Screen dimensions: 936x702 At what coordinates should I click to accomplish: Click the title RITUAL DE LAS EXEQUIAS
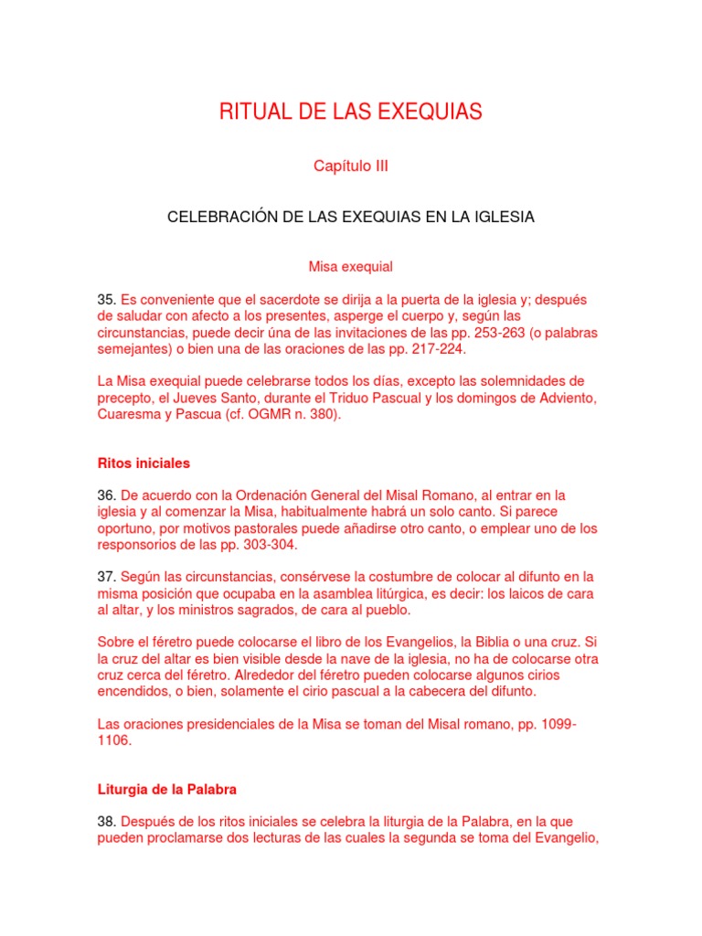point(351,112)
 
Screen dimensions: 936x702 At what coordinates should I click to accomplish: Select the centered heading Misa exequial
point(351,267)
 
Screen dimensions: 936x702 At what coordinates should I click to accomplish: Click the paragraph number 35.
point(106,299)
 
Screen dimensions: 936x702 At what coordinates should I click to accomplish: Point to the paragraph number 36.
point(106,495)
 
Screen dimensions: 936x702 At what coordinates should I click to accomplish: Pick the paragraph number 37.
point(106,577)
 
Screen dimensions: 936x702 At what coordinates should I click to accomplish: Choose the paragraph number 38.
point(106,822)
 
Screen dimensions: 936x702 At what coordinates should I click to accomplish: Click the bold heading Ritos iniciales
point(144,463)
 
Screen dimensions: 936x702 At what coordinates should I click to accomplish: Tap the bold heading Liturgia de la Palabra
point(167,789)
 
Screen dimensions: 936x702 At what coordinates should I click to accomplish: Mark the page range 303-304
point(265,545)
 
